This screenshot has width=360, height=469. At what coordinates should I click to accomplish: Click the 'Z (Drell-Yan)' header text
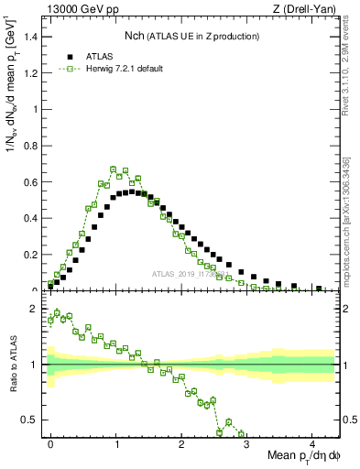click(304, 10)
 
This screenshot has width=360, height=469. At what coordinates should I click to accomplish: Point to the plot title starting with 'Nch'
click(191, 36)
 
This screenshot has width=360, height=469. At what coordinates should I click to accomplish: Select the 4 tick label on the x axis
click(312, 443)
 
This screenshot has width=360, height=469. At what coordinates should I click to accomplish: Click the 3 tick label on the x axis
click(247, 443)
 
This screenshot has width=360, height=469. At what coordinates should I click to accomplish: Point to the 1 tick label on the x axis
click(116, 443)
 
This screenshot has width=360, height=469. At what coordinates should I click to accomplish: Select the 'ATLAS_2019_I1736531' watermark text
click(192, 274)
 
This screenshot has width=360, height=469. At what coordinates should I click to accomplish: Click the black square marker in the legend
click(70, 56)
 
